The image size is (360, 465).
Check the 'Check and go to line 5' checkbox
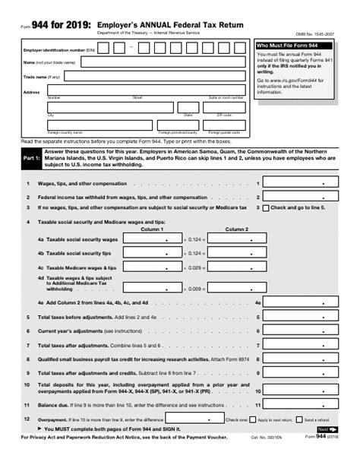pos(265,207)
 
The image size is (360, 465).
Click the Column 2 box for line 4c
pos(236,267)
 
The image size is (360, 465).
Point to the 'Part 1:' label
pos(31,158)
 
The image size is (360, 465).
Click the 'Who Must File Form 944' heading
pos(285,46)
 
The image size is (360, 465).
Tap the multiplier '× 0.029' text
pos(194,267)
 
